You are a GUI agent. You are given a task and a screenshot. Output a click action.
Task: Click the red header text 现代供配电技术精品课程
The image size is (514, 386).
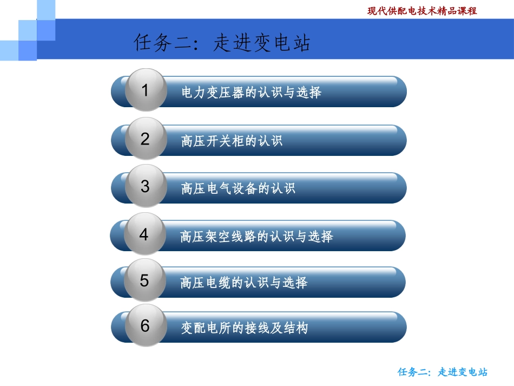coord(422,11)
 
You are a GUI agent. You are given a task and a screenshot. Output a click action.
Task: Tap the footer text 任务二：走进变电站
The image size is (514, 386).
coord(443,372)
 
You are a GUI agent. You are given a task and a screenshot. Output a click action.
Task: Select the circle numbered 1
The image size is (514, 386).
coord(145,90)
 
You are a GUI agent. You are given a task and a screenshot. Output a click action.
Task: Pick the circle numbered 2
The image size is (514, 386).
coord(145,139)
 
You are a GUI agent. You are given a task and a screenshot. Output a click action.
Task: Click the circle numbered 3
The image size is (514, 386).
coord(145,186)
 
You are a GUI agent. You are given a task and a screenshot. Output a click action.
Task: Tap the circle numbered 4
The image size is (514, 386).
coord(144,234)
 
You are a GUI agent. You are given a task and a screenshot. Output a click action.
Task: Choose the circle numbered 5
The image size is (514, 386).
coord(144,280)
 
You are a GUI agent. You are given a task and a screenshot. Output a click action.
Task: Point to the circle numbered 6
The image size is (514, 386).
coord(145,326)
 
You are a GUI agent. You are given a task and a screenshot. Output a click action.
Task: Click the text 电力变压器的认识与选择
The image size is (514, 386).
coord(252,93)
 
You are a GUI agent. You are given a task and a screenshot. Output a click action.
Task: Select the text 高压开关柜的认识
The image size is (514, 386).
coord(232,141)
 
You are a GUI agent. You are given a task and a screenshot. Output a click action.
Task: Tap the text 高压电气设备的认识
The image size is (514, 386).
coord(239,188)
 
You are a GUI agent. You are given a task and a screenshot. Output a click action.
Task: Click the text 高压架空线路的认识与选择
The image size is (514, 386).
coord(256,237)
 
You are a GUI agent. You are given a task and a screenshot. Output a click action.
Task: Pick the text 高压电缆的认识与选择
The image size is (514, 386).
coord(244,283)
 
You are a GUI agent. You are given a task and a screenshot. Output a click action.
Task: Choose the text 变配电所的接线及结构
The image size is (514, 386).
coord(245,328)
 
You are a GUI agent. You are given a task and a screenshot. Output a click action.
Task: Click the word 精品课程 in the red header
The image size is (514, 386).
coord(456,11)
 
